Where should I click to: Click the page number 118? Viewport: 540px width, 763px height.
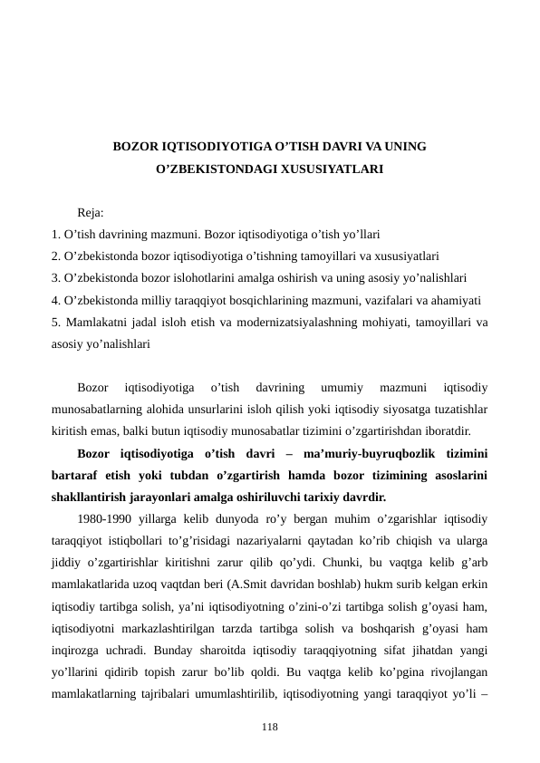pyautogui.click(x=270, y=727)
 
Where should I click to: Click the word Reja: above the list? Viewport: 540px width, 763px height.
pyautogui.click(x=91, y=214)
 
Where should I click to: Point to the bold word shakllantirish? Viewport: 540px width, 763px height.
pyautogui.click(x=89, y=497)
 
